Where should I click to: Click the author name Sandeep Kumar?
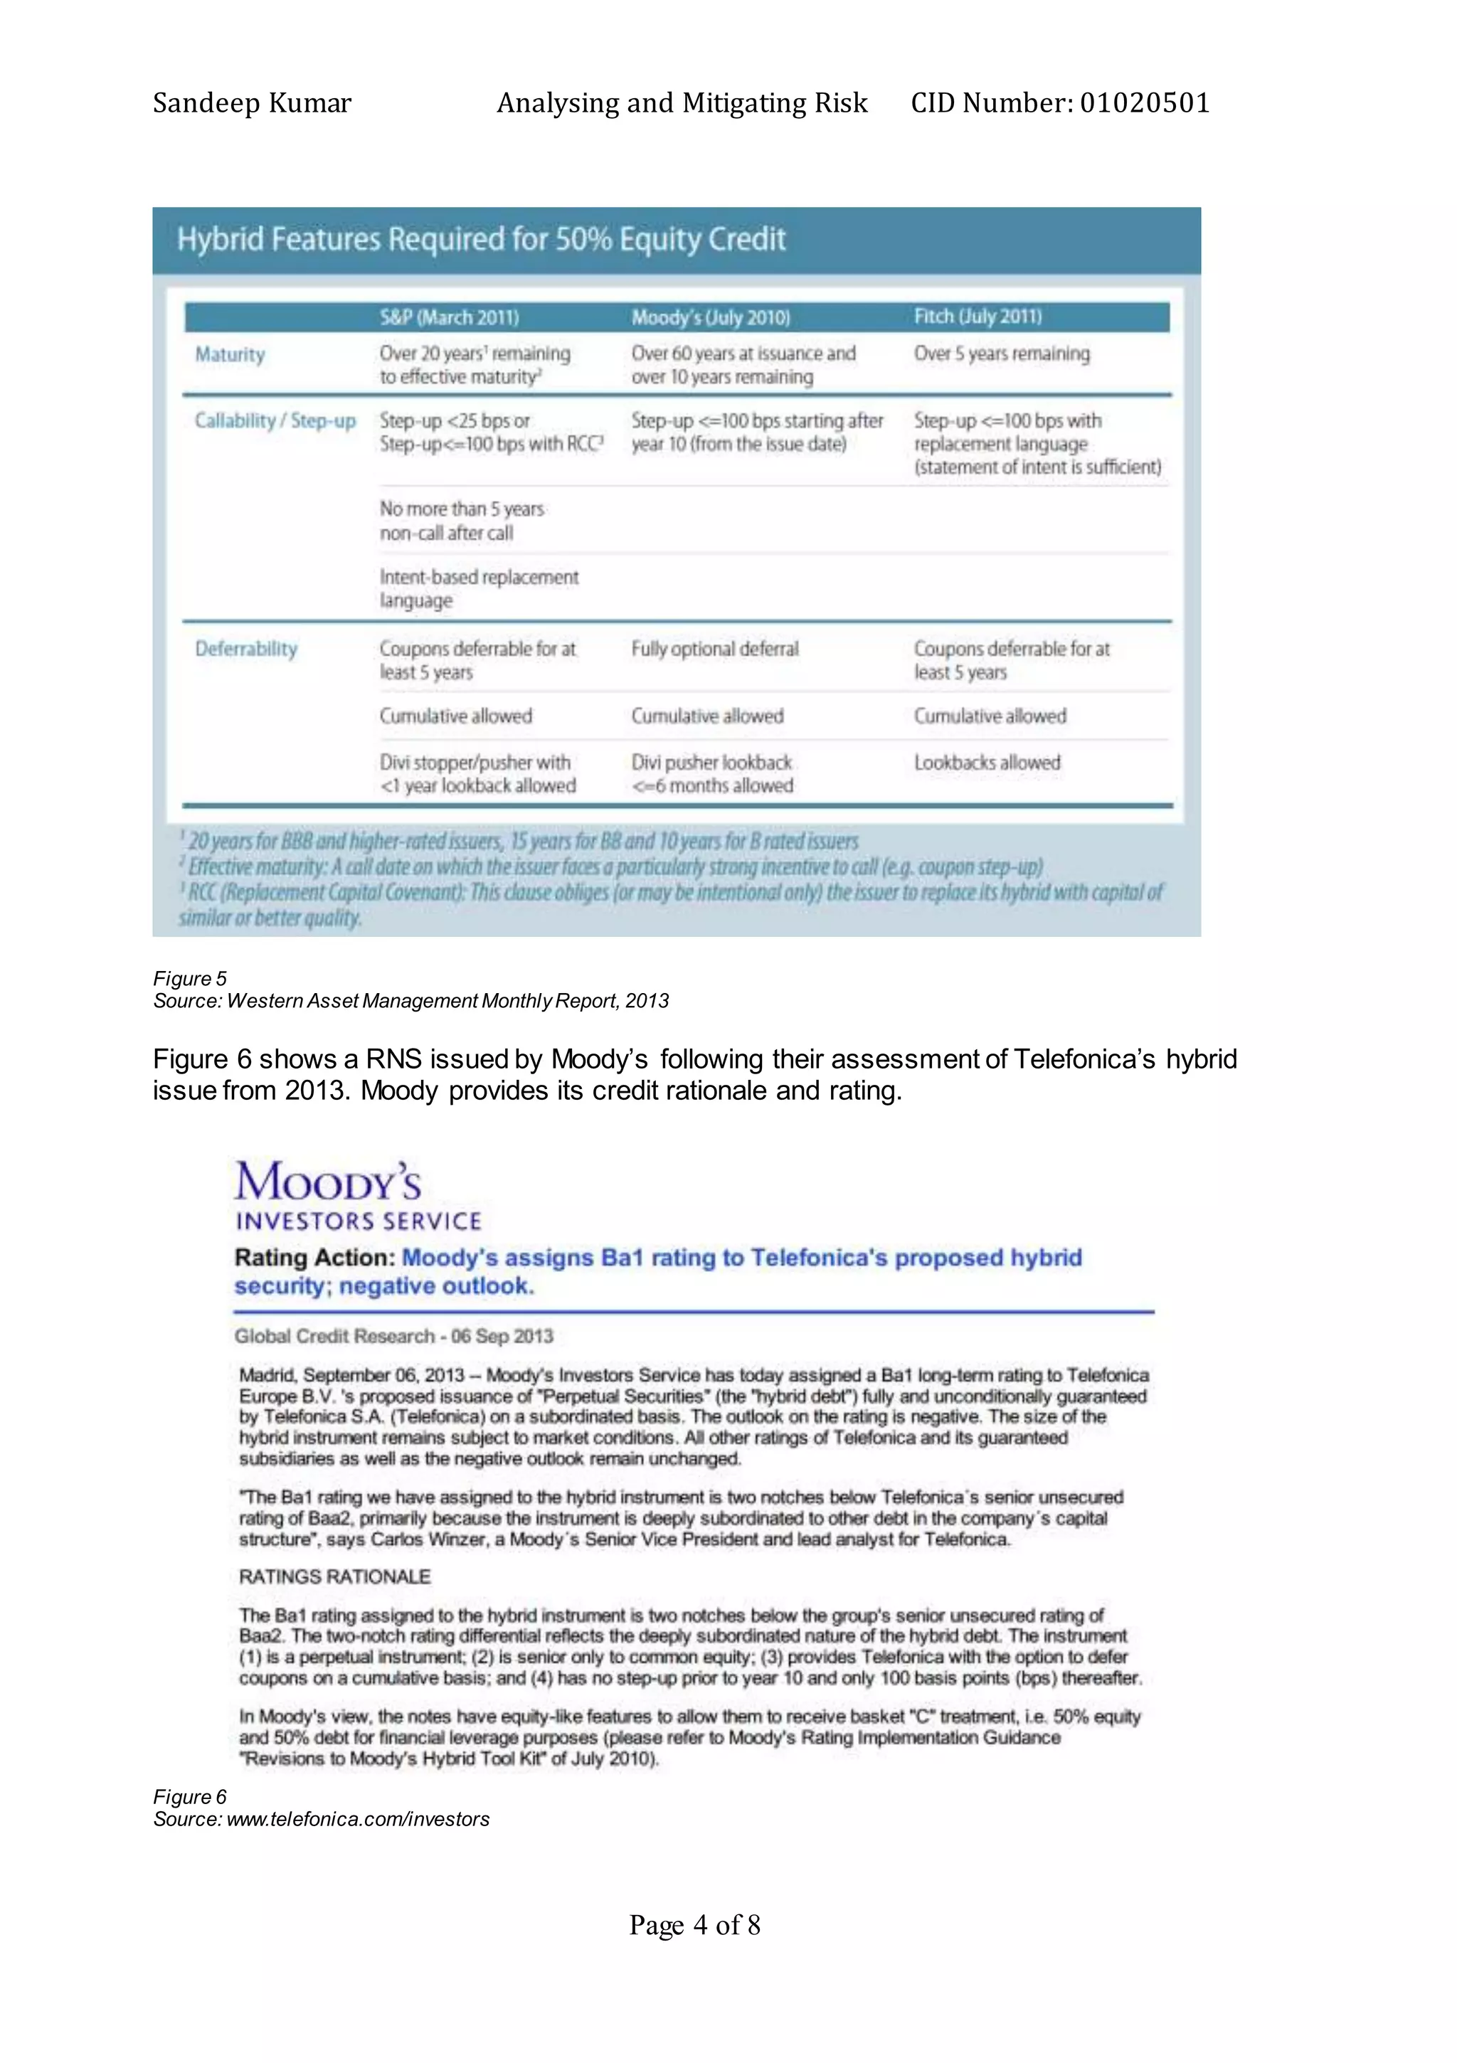click(252, 103)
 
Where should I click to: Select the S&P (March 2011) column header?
click(448, 317)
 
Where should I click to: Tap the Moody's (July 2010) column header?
click(710, 317)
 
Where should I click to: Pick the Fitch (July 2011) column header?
click(977, 317)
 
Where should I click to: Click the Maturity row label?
click(230, 354)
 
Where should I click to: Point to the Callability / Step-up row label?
click(275, 420)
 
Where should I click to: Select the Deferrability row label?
click(245, 649)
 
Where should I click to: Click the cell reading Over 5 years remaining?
click(1001, 354)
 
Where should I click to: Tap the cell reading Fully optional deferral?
click(714, 649)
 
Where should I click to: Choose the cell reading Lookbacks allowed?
click(987, 763)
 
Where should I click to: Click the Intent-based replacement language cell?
click(478, 588)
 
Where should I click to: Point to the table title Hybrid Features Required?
click(481, 240)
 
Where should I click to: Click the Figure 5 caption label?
click(190, 978)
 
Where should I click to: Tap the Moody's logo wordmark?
click(328, 1182)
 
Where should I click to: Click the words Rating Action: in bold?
click(314, 1258)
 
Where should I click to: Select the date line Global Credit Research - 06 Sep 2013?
click(393, 1336)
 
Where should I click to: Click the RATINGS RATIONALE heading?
click(334, 1577)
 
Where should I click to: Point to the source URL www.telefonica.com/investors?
click(358, 1820)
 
